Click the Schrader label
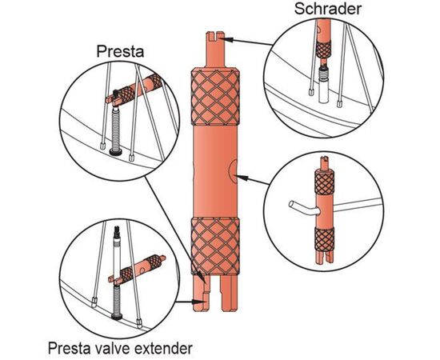328,9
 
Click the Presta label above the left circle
120,52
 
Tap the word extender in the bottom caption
163,348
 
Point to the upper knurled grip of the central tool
215,97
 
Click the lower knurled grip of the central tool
215,246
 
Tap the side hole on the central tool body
234,171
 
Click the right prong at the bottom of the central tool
229,293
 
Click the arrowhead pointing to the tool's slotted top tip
228,39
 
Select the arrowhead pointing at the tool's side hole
242,178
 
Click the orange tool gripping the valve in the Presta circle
134,90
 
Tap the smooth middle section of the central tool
215,171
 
